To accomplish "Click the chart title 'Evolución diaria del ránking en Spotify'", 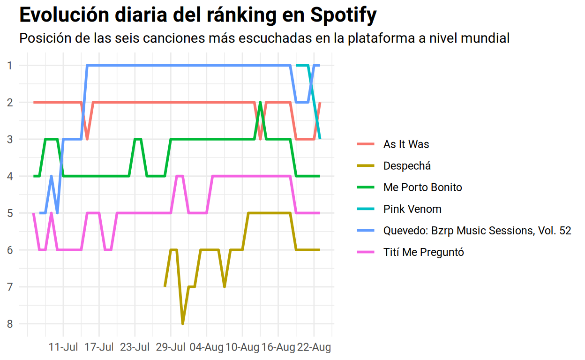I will [x=198, y=15].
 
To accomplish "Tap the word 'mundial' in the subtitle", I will [x=485, y=38].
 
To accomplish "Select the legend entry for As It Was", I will [x=406, y=144].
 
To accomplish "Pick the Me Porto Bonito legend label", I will [x=422, y=187].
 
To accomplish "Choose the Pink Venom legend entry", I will [x=412, y=209].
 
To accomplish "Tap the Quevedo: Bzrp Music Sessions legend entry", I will [x=477, y=231].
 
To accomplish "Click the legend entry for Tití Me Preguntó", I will [x=423, y=252].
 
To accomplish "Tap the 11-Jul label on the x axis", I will [x=63, y=347].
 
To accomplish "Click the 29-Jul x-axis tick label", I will [x=171, y=347].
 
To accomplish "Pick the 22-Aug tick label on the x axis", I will [x=314, y=347].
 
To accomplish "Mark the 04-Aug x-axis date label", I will [x=207, y=347].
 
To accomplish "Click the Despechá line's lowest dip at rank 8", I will [x=183, y=323].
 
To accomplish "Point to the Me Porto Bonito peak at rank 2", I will [x=260, y=103].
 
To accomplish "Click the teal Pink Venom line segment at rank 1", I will [x=302, y=65].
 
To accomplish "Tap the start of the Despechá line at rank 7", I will [x=165, y=285].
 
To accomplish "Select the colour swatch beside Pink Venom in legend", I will [x=366, y=209].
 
